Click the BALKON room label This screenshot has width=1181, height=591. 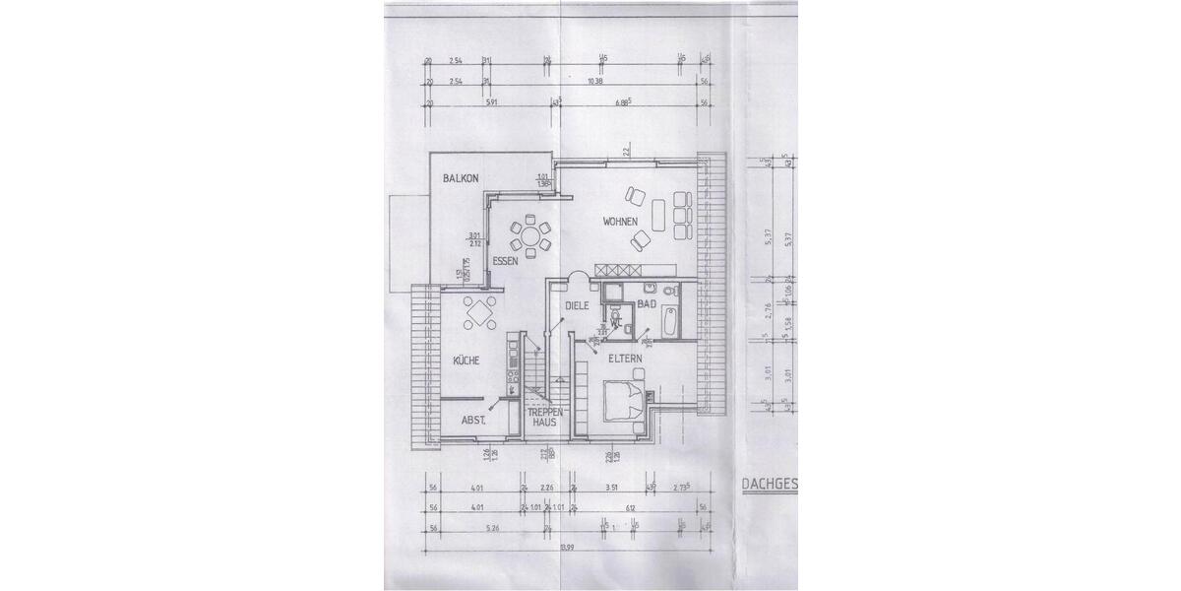pyautogui.click(x=461, y=178)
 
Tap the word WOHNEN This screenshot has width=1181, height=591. pyautogui.click(x=622, y=221)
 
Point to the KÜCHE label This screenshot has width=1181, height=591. pyautogui.click(x=466, y=361)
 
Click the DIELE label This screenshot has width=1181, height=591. pyautogui.click(x=576, y=305)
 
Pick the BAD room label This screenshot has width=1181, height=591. pyautogui.click(x=647, y=305)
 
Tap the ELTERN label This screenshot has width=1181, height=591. pyautogui.click(x=625, y=359)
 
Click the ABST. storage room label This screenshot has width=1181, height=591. pyautogui.click(x=474, y=421)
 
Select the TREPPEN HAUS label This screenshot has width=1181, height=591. pyautogui.click(x=545, y=417)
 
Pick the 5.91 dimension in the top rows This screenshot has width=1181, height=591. pyautogui.click(x=489, y=101)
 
